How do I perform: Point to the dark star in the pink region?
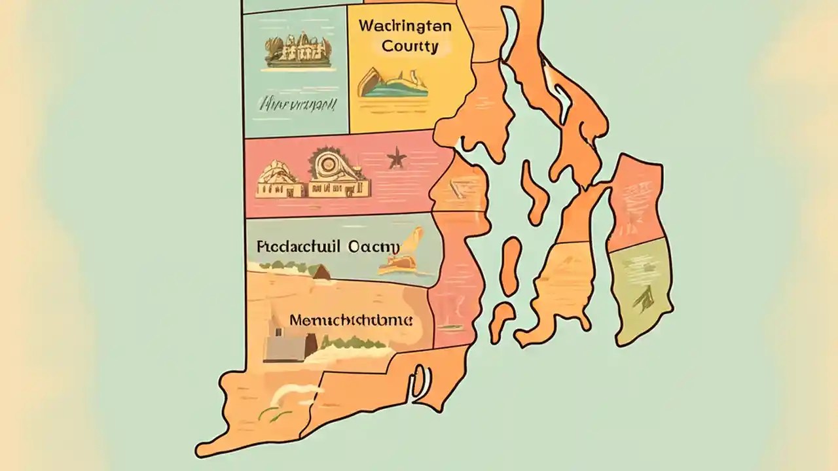(397, 158)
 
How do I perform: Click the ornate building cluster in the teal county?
(296, 51)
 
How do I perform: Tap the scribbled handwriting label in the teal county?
(298, 103)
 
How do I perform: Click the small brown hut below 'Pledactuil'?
(321, 272)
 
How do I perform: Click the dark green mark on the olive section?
(641, 298)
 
